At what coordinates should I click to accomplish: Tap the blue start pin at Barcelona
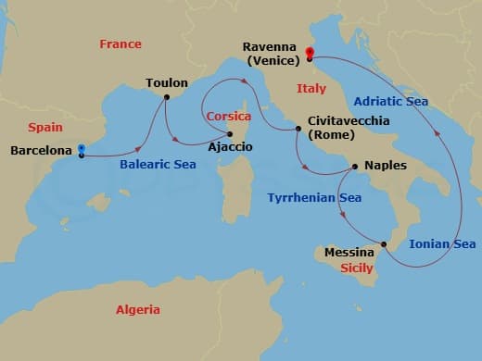coord(82,149)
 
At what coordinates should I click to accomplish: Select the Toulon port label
coord(167,82)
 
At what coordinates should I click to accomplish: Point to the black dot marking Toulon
coord(167,97)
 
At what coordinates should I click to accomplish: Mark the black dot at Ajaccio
coord(229,134)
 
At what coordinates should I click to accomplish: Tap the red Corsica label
coord(229,118)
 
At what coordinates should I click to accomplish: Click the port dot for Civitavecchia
coord(298,129)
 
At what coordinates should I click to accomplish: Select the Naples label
coord(386,166)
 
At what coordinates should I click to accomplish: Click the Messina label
coord(349,252)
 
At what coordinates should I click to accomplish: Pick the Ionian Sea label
coord(443,244)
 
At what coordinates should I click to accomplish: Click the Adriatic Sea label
coord(391,101)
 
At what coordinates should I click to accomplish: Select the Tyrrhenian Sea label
coord(314,197)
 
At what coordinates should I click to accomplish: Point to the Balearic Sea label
coord(157,165)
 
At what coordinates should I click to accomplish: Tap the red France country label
coord(121,44)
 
